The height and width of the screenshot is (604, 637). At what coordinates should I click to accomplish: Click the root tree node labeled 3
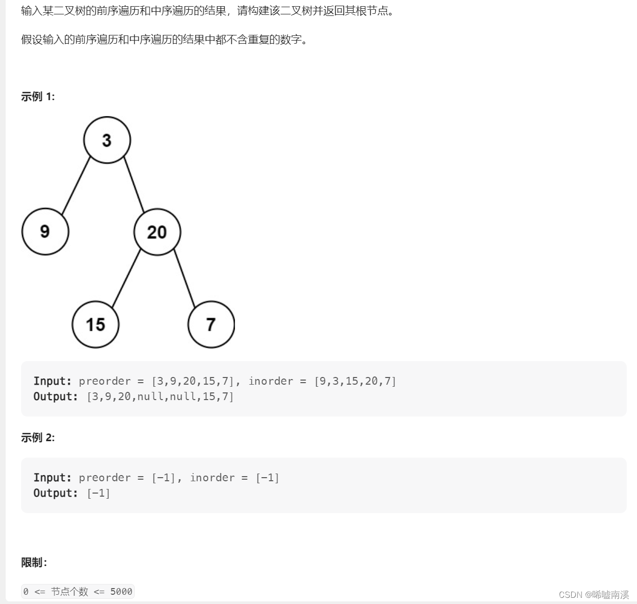coord(107,140)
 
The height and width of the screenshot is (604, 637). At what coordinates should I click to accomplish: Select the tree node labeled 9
coord(45,232)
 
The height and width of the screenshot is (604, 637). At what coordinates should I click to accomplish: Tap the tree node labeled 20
coord(157,232)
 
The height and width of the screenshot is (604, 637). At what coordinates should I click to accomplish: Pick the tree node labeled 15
coord(96,325)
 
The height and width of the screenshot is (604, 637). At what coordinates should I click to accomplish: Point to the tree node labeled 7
coord(211,325)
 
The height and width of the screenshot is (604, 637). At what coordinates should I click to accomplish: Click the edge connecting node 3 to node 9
coord(76,185)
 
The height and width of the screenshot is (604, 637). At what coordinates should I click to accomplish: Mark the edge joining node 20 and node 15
coord(126,278)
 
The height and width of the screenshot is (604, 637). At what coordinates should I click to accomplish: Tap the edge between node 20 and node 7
coord(185,278)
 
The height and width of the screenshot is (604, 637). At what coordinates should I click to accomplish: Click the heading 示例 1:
coord(38,97)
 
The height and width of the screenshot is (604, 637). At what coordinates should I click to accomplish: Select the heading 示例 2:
coord(38,438)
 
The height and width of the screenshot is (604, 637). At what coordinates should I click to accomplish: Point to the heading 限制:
coord(34,562)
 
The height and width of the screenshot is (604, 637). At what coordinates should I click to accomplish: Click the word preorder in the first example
coord(105,381)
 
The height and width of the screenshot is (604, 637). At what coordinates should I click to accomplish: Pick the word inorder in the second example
coord(212,478)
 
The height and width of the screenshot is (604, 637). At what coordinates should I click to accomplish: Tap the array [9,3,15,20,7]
coord(355,381)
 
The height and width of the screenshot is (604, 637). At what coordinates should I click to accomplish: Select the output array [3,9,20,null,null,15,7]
coord(160,397)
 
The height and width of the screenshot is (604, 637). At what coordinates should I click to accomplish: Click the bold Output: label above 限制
coord(56,493)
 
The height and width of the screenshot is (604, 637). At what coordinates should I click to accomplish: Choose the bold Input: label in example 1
coord(52,381)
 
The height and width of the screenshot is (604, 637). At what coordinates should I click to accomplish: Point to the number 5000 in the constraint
coord(121,592)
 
